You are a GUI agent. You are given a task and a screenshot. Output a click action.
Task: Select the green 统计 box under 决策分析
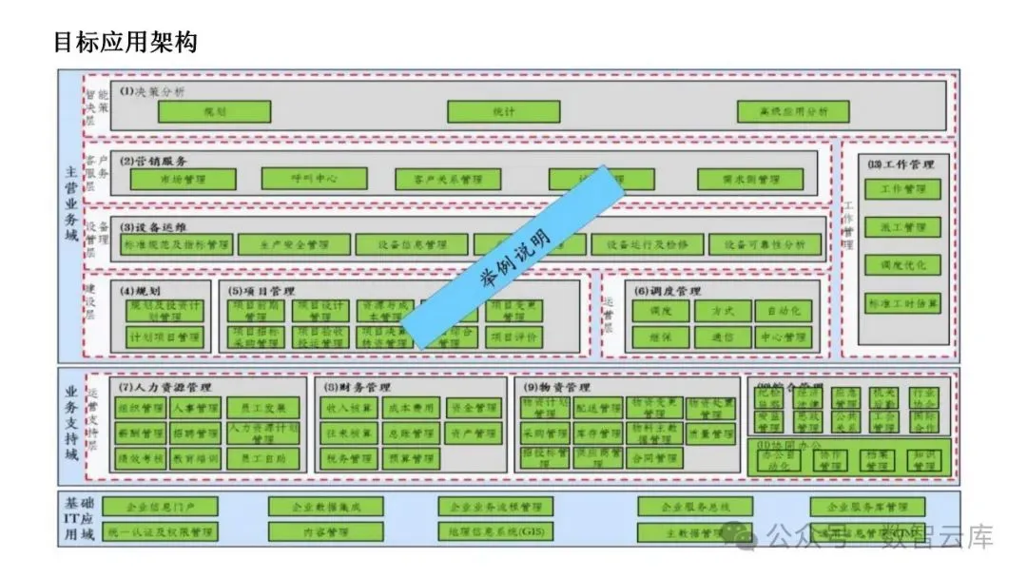tap(503, 112)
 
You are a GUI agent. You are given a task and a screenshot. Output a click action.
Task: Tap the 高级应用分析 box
tap(793, 112)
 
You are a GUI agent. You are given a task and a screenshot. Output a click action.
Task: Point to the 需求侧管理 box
tap(749, 180)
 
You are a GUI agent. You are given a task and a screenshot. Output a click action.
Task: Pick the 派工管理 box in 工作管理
tap(902, 227)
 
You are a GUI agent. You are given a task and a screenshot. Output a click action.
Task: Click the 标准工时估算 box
tap(902, 303)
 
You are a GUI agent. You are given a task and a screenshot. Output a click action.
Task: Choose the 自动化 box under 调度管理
tap(782, 311)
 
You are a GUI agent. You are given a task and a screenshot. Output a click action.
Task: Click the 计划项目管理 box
tap(165, 337)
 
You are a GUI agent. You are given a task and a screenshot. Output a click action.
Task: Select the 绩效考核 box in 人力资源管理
tap(141, 458)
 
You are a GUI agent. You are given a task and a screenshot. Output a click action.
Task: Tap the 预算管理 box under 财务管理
tap(410, 458)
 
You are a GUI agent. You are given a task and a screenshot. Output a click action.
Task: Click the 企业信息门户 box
tap(160, 507)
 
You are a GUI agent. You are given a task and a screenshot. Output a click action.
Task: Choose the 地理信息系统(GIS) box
tap(495, 531)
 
